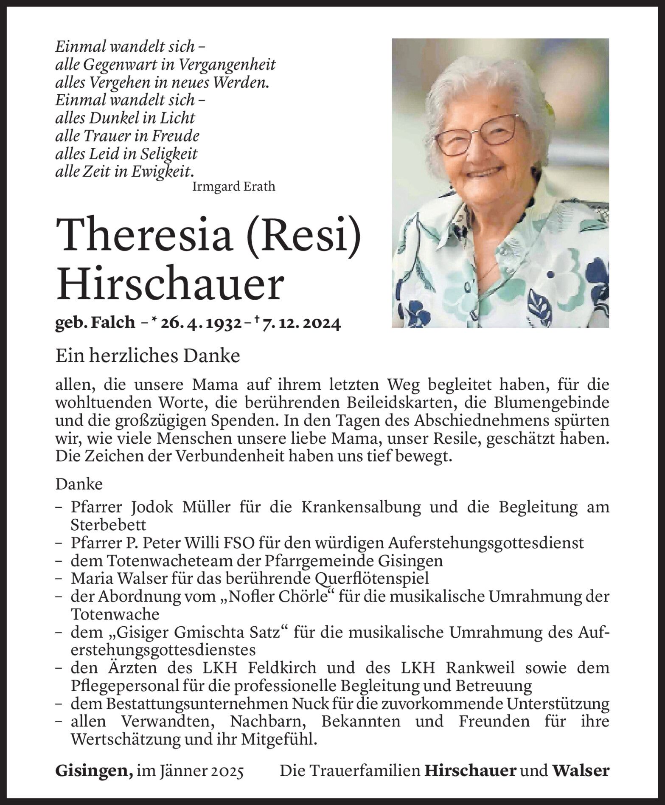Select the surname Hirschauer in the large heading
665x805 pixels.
[169, 285]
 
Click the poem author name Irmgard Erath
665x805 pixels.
[233, 186]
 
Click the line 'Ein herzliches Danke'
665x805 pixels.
[148, 356]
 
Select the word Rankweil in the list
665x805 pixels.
[480, 668]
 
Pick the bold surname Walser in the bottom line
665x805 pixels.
[581, 771]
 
